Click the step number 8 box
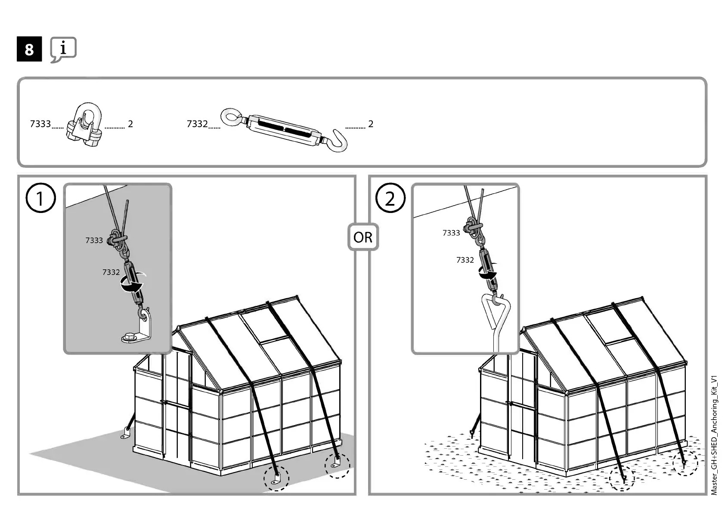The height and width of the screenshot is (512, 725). click(29, 49)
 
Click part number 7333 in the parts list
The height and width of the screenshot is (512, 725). click(40, 124)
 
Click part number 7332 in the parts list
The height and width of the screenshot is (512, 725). click(197, 124)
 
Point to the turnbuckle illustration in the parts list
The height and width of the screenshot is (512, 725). click(284, 129)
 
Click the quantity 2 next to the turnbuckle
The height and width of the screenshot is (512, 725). click(370, 124)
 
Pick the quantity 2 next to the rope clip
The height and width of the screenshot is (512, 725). click(130, 124)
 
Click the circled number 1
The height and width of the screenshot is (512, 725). click(41, 198)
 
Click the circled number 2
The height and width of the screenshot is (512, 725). click(390, 198)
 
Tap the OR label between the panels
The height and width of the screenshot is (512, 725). click(363, 237)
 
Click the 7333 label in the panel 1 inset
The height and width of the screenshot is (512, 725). click(94, 240)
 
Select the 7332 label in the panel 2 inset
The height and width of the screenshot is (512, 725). click(465, 260)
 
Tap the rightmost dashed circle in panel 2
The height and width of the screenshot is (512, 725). click(685, 463)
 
